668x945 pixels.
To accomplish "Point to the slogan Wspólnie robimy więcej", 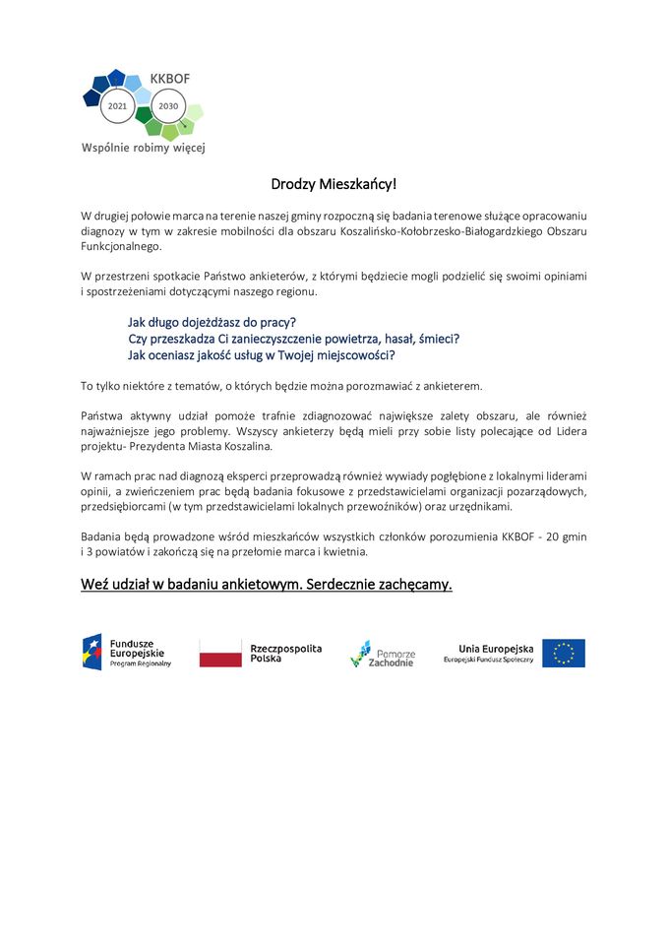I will (143, 149).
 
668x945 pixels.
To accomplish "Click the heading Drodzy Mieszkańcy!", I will (334, 184).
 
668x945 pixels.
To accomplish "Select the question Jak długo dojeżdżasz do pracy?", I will (213, 322).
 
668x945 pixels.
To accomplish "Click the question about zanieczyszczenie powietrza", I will (294, 339).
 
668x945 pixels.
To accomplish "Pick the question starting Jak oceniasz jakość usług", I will (262, 355).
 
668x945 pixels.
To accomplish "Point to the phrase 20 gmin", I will (577, 536).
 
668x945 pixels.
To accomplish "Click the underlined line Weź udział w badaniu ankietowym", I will (267, 585).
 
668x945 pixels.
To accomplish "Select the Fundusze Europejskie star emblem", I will (91, 653).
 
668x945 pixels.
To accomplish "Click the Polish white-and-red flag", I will (220, 653).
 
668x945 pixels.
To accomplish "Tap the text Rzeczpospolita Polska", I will (285, 653).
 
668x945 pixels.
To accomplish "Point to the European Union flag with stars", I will (564, 654).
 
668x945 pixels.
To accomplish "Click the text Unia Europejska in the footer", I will (496, 649).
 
